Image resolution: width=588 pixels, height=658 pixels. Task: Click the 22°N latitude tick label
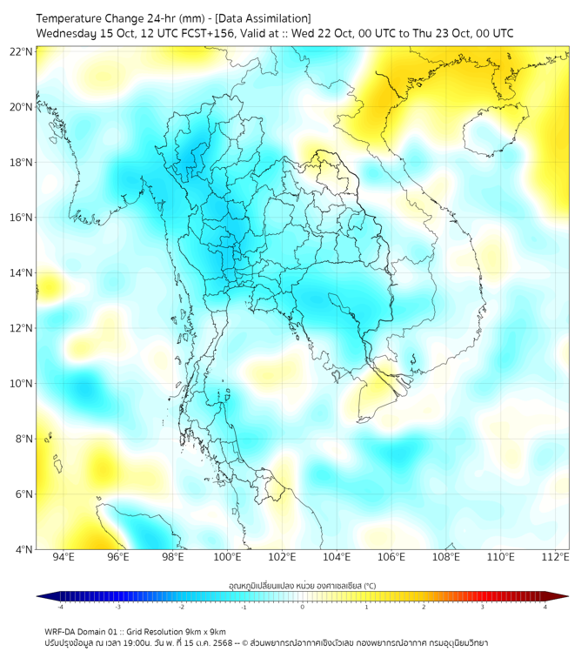pyautogui.click(x=22, y=51)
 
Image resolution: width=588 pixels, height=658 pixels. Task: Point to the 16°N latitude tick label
pyautogui.click(x=22, y=218)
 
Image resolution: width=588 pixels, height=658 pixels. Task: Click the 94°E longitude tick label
pyautogui.click(x=63, y=557)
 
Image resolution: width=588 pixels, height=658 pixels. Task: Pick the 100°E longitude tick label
pyautogui.click(x=227, y=557)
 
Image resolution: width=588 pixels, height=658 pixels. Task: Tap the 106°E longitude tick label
pyautogui.click(x=391, y=557)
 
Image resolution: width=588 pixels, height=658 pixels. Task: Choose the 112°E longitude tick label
pyautogui.click(x=555, y=557)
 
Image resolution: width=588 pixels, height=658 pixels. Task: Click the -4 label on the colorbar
pyautogui.click(x=60, y=607)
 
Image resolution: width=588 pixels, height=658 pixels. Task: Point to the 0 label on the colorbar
pyautogui.click(x=303, y=607)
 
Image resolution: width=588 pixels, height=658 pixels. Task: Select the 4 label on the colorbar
pyautogui.click(x=545, y=607)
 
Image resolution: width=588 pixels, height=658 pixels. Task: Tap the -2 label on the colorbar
pyautogui.click(x=181, y=607)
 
